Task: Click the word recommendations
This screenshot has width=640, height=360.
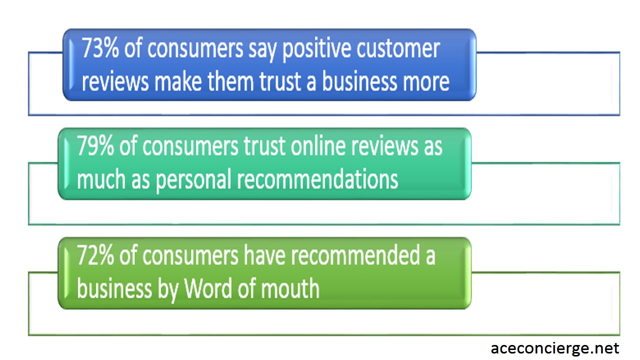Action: click(x=317, y=179)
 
